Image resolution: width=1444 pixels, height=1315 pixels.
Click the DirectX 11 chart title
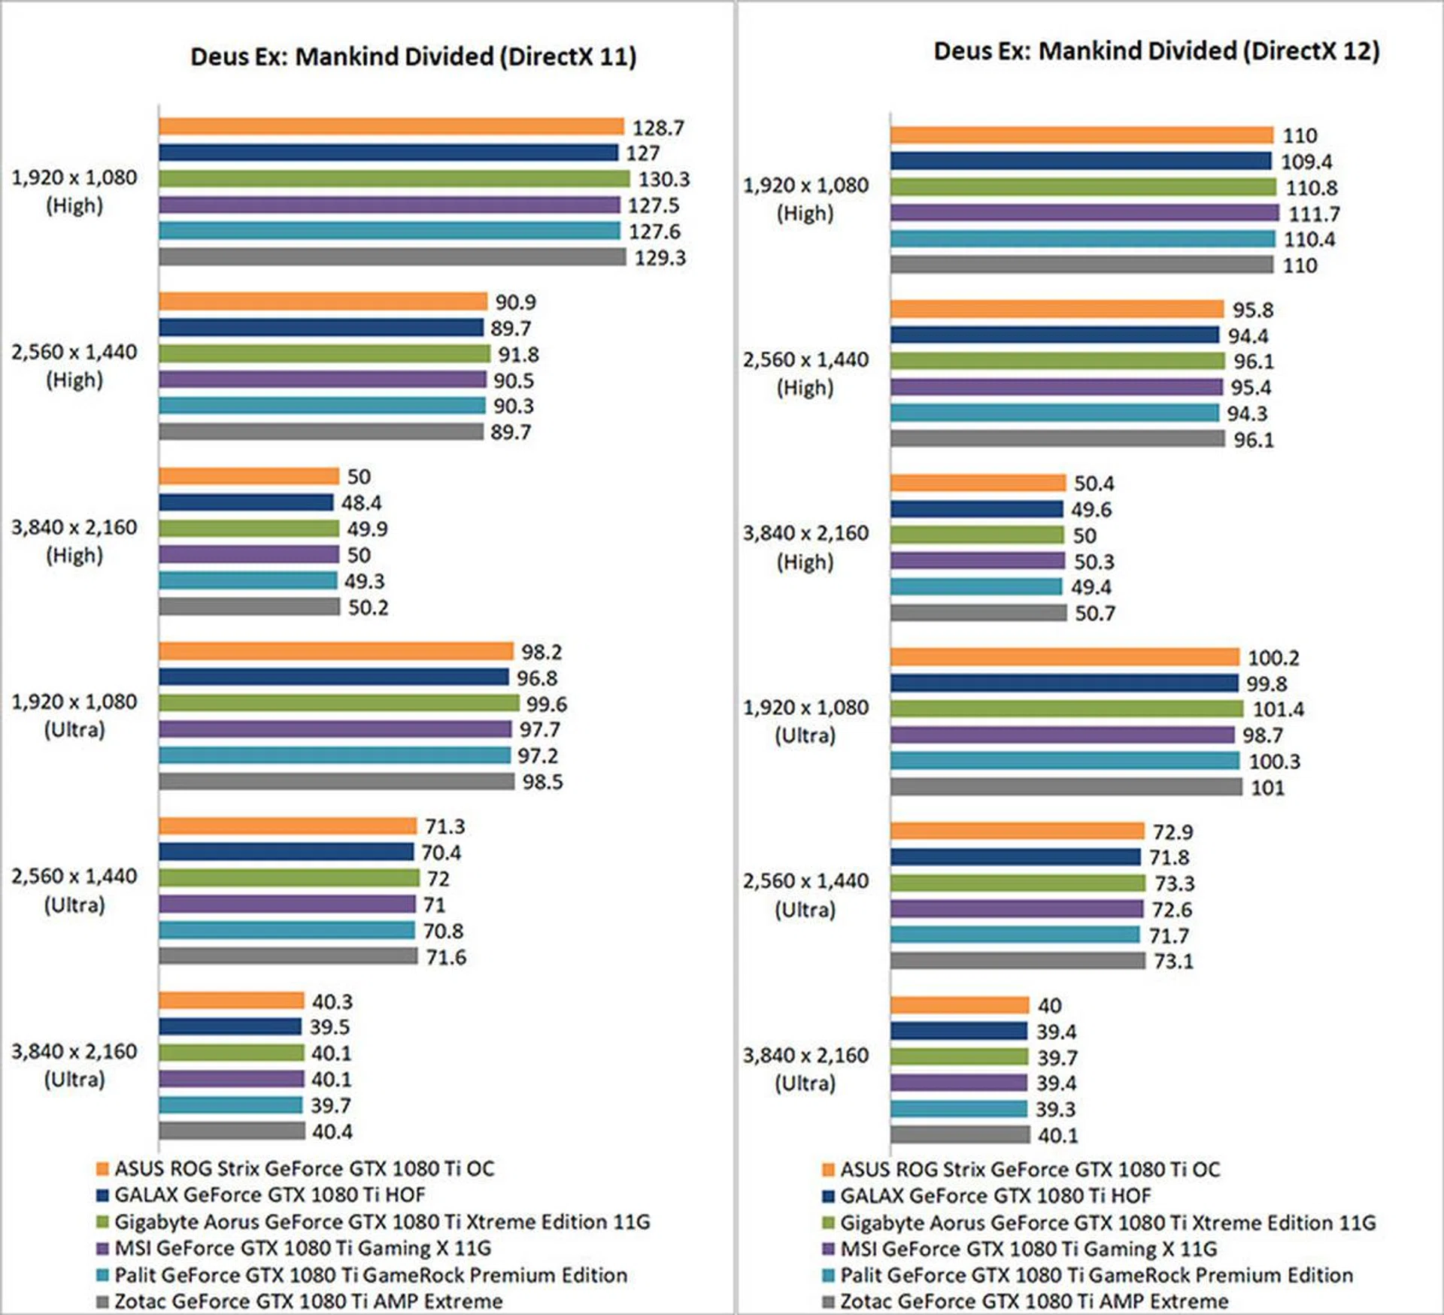(413, 57)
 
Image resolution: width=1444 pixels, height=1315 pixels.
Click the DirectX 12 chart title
(1156, 51)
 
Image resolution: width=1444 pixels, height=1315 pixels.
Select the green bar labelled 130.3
(393, 179)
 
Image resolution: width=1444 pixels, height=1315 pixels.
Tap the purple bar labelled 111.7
(1084, 214)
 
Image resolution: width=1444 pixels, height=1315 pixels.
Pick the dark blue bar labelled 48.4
(245, 502)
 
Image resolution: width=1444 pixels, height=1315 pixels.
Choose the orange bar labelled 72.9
(1017, 831)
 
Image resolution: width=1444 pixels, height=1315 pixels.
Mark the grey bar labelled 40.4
(232, 1131)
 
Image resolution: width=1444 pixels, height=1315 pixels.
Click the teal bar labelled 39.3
(958, 1109)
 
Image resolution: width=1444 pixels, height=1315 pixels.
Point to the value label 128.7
(658, 128)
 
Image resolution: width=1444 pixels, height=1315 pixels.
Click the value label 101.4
(1278, 709)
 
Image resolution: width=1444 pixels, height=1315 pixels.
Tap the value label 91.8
(518, 354)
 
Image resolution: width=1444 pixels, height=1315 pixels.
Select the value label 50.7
(1094, 614)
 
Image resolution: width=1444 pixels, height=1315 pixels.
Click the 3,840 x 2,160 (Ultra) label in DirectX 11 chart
(74, 1065)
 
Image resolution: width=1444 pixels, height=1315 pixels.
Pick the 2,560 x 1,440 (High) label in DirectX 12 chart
(805, 374)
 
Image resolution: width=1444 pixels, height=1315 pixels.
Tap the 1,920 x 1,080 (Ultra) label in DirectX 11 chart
(74, 715)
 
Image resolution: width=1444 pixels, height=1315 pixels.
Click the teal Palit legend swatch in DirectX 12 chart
(829, 1275)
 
